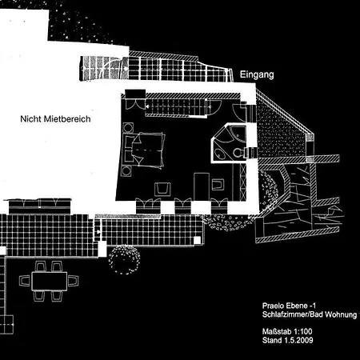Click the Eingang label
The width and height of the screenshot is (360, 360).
257,74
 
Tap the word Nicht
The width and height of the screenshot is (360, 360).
31,119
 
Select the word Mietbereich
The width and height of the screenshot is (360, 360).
67,119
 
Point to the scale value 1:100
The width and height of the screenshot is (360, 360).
302,331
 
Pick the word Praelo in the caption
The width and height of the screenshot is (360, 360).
273,306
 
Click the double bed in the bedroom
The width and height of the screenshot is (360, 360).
144,150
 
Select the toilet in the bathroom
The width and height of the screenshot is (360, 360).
238,153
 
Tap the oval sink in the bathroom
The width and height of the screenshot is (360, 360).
220,154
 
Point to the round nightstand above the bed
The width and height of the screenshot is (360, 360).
128,127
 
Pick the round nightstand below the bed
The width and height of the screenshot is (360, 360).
126,170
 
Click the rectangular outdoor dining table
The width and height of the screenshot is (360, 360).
50,281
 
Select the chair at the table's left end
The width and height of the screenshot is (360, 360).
25,281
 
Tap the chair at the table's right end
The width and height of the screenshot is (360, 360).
74,281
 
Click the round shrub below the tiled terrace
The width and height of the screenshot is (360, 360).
125,260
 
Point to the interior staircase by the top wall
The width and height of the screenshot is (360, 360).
176,107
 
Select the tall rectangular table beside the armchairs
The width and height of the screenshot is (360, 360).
202,186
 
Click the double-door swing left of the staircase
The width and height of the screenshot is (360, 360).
135,104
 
